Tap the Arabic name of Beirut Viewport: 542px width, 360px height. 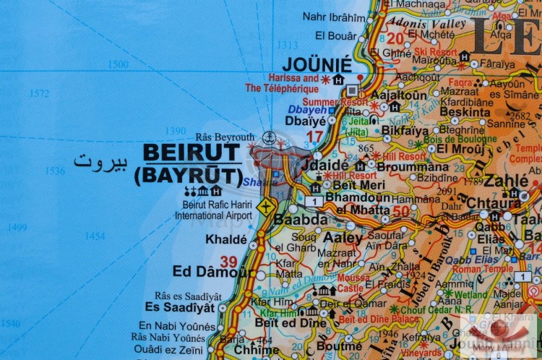100,161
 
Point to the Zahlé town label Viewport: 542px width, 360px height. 506,181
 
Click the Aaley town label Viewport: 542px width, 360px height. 343,237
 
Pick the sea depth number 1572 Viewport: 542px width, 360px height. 40,93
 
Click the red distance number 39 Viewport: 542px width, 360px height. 228,261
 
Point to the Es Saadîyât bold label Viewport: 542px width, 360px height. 179,307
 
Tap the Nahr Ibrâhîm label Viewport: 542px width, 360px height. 335,17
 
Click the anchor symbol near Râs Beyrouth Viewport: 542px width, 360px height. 268,137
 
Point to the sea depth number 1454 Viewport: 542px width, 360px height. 94,236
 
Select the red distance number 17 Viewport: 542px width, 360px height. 314,137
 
